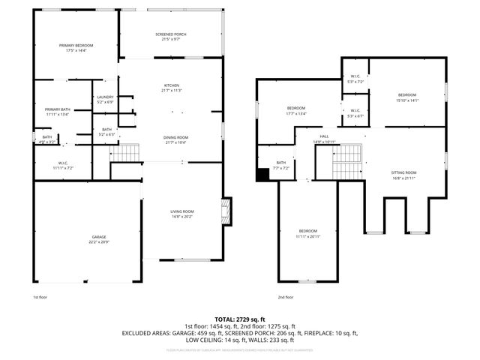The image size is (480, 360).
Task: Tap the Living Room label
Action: [182, 214]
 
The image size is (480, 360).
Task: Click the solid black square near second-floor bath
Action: [262, 175]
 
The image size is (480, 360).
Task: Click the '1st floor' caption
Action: [40, 298]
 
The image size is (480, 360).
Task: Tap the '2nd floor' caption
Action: [286, 298]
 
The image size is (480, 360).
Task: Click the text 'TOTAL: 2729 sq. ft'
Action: [240, 319]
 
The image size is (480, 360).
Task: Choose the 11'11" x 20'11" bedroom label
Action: [309, 232]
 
